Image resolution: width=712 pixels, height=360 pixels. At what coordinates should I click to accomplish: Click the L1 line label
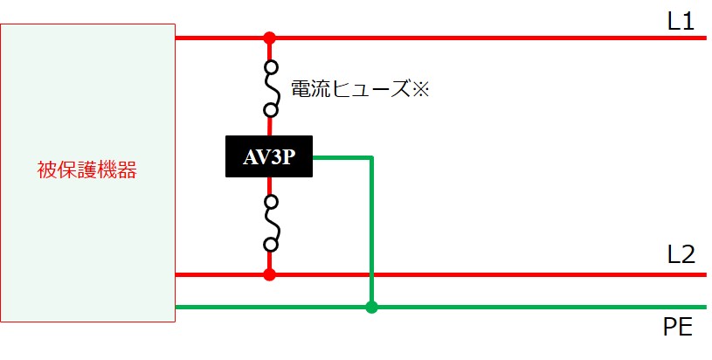(681, 21)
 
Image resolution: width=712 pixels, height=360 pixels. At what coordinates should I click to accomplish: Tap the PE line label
(678, 326)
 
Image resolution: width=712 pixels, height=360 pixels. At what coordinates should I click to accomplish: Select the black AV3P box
(269, 156)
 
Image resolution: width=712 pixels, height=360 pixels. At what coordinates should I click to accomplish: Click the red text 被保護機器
(87, 170)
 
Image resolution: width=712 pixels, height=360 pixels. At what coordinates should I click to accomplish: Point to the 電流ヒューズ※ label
(360, 89)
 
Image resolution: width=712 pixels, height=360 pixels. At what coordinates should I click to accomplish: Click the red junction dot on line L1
(270, 38)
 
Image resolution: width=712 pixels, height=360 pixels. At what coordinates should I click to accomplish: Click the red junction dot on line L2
(270, 274)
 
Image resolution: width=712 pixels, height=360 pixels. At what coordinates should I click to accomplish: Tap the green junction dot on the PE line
(371, 307)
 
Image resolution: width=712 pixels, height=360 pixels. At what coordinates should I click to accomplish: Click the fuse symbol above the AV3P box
(271, 89)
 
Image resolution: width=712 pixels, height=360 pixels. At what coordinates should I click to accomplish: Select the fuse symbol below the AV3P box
(271, 223)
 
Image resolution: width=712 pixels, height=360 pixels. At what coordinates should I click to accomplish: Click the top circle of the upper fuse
(271, 67)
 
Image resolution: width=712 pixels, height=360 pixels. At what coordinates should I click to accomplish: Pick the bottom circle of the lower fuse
(271, 246)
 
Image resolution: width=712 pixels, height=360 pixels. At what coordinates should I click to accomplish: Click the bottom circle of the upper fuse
(271, 110)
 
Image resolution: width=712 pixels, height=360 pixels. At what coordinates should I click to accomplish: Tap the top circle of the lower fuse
(271, 201)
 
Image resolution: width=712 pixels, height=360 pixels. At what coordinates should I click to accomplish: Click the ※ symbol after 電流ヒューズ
(420, 89)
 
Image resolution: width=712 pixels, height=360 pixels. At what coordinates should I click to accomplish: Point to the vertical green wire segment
(371, 231)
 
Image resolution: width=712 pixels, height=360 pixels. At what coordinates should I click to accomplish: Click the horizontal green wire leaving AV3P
(342, 158)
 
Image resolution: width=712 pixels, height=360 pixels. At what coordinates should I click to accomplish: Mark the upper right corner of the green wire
(372, 158)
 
